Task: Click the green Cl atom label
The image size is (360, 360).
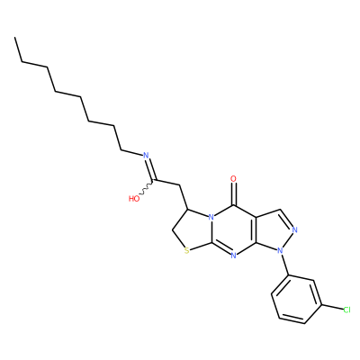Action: click(x=346, y=310)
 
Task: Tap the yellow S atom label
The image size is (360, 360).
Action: click(x=187, y=250)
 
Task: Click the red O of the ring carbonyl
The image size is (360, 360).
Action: click(x=233, y=179)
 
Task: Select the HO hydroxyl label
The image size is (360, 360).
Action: click(x=134, y=199)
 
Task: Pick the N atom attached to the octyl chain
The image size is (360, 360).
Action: click(x=146, y=156)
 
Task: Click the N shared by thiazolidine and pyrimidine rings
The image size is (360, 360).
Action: click(x=211, y=217)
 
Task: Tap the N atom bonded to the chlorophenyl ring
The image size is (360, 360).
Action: click(x=280, y=249)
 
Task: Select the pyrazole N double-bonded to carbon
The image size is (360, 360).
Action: click(x=294, y=230)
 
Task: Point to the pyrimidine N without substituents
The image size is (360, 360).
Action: click(x=234, y=256)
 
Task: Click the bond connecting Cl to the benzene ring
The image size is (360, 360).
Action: click(x=332, y=307)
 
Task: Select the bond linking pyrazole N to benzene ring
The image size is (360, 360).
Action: click(x=284, y=264)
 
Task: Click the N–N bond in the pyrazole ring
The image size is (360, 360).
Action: click(x=287, y=240)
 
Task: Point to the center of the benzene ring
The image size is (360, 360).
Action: click(x=297, y=299)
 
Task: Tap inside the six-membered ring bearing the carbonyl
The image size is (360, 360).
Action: click(x=234, y=229)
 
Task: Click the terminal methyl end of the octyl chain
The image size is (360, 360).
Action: click(x=14, y=38)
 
